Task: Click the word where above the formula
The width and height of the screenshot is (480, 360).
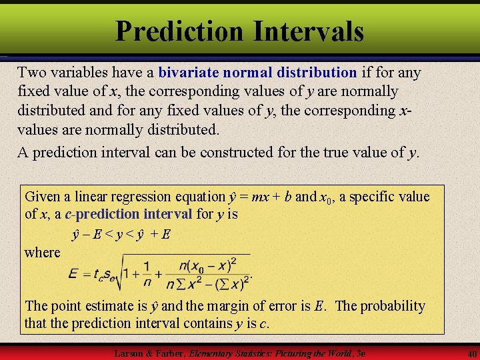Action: click(42, 253)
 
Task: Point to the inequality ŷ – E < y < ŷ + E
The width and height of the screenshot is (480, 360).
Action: click(121, 235)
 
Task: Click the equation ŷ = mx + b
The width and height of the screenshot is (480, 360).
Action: click(259, 197)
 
